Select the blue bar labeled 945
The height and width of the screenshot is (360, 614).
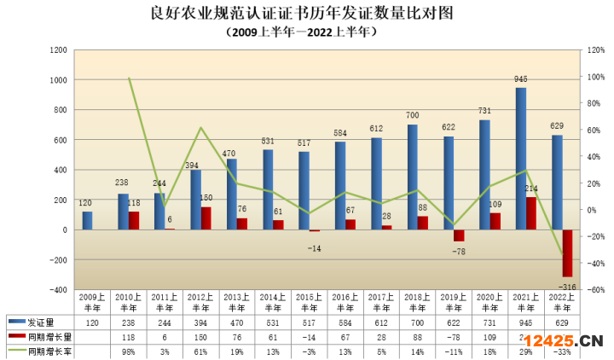tap(520, 159)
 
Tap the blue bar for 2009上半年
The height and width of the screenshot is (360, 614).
tap(87, 221)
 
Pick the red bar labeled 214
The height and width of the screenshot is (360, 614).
tap(530, 213)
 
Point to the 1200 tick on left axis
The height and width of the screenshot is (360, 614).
tap(59, 50)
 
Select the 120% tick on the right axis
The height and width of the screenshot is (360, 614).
tap(588, 50)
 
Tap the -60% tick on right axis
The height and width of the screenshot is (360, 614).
tap(588, 289)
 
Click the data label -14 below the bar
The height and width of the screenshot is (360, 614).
tap(315, 247)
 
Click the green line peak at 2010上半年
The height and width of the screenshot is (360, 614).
tap(129, 78)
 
